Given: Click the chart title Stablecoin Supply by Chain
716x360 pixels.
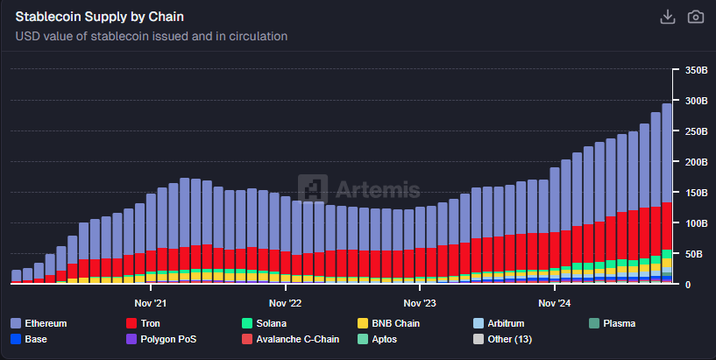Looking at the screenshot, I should pyautogui.click(x=100, y=17).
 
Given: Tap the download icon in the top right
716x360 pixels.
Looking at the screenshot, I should pyautogui.click(x=667, y=17).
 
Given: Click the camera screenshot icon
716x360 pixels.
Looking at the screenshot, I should pyautogui.click(x=695, y=17).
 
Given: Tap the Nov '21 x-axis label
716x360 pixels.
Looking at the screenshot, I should pyautogui.click(x=150, y=304).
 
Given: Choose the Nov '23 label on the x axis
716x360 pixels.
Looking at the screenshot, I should pyautogui.click(x=419, y=304).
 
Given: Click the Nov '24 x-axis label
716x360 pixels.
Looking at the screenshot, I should pyautogui.click(x=554, y=304).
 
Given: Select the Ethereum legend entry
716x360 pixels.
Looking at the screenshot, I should pyautogui.click(x=46, y=323).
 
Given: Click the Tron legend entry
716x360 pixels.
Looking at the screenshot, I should pyautogui.click(x=149, y=323).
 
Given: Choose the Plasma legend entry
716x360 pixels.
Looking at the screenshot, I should pyautogui.click(x=619, y=323).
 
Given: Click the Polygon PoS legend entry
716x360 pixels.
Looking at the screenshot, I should pyautogui.click(x=169, y=339).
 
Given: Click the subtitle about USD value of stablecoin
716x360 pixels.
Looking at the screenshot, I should pyautogui.click(x=152, y=36).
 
